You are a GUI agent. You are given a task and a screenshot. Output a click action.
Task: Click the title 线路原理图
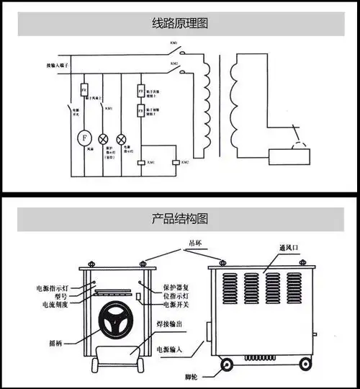[x=179, y=23]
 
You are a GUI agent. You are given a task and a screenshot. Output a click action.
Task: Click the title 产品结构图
[x=179, y=217]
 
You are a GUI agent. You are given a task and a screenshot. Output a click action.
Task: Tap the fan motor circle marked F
[x=84, y=136]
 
